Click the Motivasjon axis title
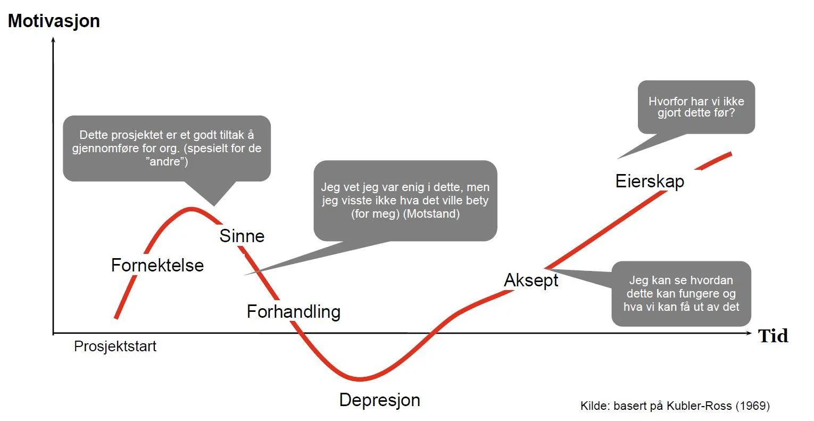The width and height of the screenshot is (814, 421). (x=54, y=21)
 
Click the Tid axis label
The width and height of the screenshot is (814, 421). (x=773, y=336)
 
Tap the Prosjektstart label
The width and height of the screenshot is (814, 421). (x=115, y=346)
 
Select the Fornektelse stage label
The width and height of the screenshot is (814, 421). (x=157, y=265)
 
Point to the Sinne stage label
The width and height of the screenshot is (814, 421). (x=242, y=236)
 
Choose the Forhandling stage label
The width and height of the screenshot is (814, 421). (x=294, y=311)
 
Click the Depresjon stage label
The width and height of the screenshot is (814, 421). (x=380, y=400)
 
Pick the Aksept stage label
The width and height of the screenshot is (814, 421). (x=531, y=280)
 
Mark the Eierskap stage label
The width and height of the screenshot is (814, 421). (x=650, y=181)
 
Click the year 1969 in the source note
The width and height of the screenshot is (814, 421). (x=753, y=406)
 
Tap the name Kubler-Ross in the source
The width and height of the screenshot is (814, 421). (x=699, y=406)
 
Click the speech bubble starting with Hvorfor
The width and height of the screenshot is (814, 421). (x=696, y=107)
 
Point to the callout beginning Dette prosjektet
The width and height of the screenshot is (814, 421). (x=167, y=148)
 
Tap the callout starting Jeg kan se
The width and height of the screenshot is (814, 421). (x=681, y=293)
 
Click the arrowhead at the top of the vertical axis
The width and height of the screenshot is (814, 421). (x=53, y=39)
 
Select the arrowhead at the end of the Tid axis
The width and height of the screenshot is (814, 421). (x=749, y=333)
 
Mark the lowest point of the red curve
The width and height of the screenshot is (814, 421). (x=360, y=379)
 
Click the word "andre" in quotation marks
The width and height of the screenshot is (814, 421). (x=167, y=161)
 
